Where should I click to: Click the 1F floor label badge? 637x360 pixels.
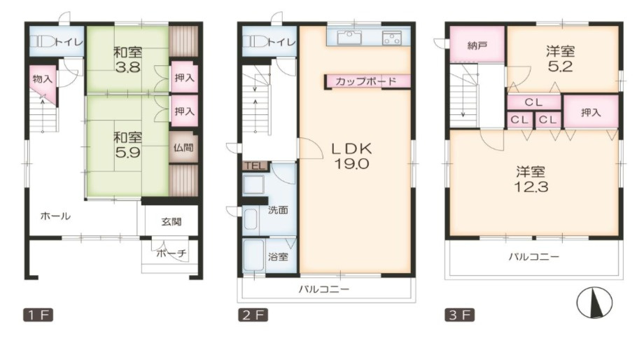(38, 315)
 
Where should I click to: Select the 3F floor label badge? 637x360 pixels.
(459, 315)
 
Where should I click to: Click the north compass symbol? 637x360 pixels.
(594, 303)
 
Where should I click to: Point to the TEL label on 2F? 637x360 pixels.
(255, 166)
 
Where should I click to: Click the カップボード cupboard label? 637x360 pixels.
(366, 81)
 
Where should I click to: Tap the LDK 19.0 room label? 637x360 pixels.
(351, 156)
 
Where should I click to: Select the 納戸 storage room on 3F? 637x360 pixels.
(477, 44)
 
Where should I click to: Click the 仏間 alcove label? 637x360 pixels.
(183, 147)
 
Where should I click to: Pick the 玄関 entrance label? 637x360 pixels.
(171, 221)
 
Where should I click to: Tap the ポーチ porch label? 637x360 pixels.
(171, 254)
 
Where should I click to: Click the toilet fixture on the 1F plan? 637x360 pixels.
(42, 42)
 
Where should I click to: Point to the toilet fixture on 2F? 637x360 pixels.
(255, 42)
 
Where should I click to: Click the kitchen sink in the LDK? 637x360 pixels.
(349, 37)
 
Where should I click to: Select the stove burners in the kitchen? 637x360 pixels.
(391, 38)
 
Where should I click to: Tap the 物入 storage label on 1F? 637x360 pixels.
(42, 79)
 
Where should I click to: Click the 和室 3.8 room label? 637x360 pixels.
(127, 60)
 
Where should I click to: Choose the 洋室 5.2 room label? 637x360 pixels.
(560, 59)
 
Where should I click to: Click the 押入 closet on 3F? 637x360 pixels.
(591, 112)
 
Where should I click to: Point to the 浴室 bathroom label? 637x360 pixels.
(278, 257)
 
